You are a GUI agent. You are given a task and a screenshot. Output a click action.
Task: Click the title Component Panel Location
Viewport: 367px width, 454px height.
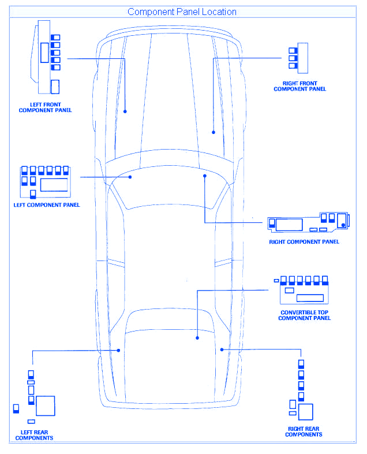click(x=182, y=12)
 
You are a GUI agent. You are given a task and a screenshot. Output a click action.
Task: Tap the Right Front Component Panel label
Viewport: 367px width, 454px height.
click(x=299, y=87)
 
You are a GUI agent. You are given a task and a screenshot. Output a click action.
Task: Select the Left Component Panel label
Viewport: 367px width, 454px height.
click(x=46, y=205)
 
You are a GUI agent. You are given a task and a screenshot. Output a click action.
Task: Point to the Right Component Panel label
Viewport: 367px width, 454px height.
click(x=304, y=241)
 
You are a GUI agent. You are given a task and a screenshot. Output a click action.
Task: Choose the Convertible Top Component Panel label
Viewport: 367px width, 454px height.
click(x=305, y=315)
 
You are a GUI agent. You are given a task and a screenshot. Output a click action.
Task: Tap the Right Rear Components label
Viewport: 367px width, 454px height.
click(x=304, y=432)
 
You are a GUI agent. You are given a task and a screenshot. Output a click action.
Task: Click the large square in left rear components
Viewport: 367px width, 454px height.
click(x=46, y=405)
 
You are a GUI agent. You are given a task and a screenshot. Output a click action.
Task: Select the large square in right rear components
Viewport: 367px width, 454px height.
click(x=305, y=412)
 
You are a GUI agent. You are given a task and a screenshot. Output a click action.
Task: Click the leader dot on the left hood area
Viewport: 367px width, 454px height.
click(x=125, y=110)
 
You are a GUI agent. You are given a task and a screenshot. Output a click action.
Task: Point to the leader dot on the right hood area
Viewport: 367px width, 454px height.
click(x=214, y=132)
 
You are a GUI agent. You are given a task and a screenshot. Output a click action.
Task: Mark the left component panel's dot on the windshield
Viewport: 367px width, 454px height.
click(x=131, y=177)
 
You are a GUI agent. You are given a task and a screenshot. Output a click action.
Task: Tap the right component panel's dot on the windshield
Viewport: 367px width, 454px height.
click(x=205, y=175)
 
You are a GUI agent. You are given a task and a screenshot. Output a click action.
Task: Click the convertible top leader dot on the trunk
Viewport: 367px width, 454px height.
click(x=197, y=338)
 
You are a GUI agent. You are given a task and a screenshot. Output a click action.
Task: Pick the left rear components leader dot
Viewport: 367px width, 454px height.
click(x=118, y=349)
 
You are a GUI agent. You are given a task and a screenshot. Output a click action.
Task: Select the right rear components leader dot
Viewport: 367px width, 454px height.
click(x=222, y=349)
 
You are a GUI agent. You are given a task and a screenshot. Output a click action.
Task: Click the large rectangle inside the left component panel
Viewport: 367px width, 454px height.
click(x=55, y=185)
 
